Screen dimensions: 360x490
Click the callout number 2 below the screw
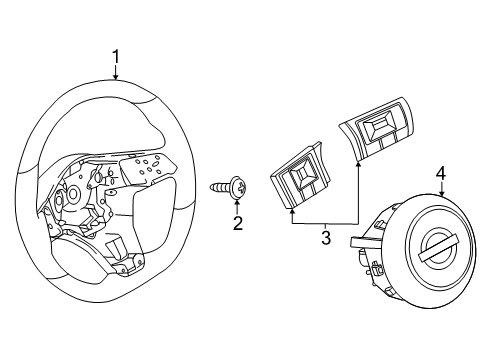click(x=237, y=222)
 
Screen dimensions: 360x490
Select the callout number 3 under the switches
click(x=325, y=238)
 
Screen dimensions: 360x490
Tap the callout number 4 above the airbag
click(x=441, y=174)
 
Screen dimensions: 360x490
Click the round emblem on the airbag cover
click(x=436, y=245)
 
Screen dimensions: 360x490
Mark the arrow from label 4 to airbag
click(x=441, y=193)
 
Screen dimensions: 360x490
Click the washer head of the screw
click(x=237, y=185)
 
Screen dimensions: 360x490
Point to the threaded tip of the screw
click(x=214, y=186)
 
